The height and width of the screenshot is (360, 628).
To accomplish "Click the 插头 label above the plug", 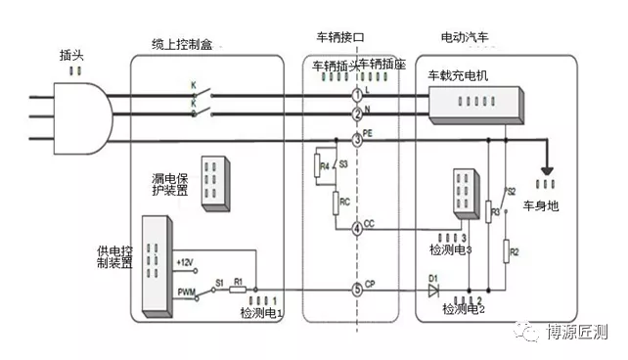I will [x=71, y=57].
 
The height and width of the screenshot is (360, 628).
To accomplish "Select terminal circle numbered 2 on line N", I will [x=357, y=115].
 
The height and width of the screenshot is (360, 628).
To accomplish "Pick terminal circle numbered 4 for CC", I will [x=357, y=228].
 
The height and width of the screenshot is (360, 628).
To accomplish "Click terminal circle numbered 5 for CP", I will [x=357, y=290].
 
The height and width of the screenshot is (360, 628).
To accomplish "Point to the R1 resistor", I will [x=238, y=290].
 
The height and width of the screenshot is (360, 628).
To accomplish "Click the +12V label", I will [x=187, y=262].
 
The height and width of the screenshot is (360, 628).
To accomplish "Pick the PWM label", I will [x=187, y=291].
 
